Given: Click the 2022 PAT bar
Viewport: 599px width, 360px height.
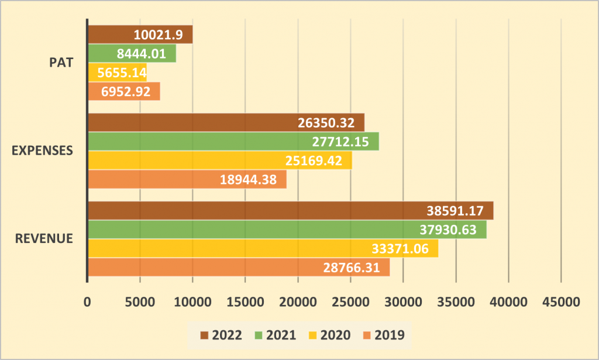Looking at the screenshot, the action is coord(140,35).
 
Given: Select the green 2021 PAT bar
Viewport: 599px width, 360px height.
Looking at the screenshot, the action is coord(132,53).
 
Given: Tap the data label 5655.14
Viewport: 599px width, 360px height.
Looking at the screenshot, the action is coord(122,73).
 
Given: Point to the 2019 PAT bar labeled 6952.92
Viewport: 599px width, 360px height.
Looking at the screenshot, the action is coord(124,91).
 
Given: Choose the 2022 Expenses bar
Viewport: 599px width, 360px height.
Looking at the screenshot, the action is coord(226,122).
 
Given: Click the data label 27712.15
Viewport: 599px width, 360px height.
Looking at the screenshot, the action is coord(340,142).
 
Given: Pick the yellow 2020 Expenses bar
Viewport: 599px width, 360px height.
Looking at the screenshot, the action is coord(221,160).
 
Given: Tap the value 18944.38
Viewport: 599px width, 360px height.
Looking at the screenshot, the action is coord(248,180).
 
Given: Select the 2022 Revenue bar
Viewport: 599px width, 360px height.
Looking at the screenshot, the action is coord(291,211).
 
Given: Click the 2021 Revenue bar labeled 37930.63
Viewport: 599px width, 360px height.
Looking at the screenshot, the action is coord(288,229).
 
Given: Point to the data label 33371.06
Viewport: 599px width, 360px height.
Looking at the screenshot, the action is coord(400,249).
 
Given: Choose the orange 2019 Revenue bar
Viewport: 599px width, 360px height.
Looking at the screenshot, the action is coord(239,267).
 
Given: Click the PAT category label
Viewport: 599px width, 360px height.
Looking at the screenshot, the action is coord(61,62).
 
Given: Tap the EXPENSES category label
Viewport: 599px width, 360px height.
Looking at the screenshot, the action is coord(42,150).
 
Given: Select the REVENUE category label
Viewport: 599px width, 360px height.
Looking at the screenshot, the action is coord(44,238).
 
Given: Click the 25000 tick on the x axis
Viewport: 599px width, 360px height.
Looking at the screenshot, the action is coord(350,302).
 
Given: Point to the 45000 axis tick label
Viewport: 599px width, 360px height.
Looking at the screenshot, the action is coord(561,302).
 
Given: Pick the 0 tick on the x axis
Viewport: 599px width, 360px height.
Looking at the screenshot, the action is coord(88,302).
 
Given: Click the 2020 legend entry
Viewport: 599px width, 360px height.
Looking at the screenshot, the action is coord(330,335).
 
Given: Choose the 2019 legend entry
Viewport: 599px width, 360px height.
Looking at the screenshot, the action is coord(384,335).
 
